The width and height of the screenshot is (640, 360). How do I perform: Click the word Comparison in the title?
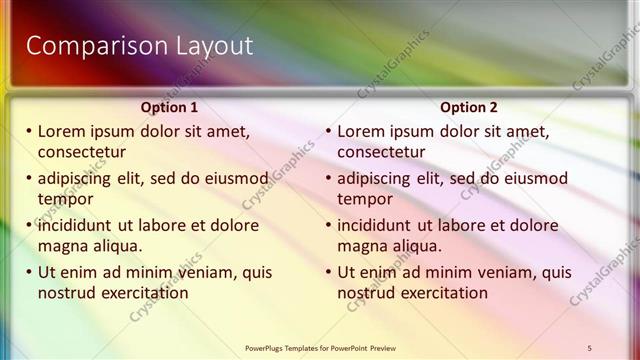point(87,46)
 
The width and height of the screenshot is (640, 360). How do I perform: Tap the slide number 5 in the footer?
point(590,347)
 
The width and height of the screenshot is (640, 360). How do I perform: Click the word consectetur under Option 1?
point(81,152)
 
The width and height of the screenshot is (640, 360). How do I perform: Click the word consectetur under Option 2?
point(381,152)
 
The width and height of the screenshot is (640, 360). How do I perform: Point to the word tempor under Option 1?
point(65,199)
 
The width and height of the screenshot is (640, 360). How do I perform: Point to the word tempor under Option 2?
point(365,199)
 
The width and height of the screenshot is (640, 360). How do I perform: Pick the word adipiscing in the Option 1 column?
point(81,179)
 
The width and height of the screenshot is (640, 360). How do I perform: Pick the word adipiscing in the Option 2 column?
point(381,179)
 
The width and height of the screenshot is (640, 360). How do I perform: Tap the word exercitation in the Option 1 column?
point(139,293)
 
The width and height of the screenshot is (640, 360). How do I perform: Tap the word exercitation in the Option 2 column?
point(439,293)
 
